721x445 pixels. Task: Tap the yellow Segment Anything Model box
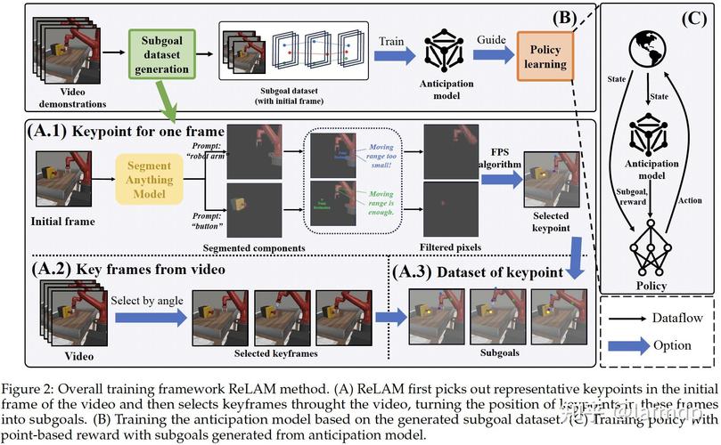(x=148, y=174)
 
